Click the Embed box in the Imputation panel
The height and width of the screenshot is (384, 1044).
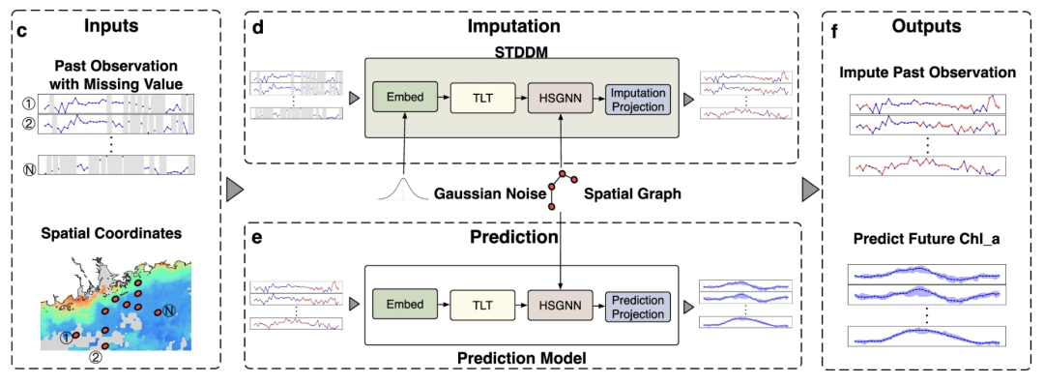click(404, 98)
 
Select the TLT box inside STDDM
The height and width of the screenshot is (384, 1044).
click(482, 98)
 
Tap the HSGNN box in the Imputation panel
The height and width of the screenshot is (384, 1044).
click(560, 98)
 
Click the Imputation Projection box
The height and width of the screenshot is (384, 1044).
click(638, 98)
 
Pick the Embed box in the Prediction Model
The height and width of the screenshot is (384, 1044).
click(404, 305)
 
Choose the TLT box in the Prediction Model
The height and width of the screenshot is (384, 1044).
click(482, 305)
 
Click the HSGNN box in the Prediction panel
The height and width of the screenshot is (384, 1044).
click(560, 305)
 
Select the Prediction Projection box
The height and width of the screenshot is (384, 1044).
click(638, 305)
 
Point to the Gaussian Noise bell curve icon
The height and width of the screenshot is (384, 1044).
click(402, 189)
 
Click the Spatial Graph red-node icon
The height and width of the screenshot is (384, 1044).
click(561, 190)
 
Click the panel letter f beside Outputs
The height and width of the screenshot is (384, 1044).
click(836, 29)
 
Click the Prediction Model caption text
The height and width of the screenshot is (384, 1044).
click(521, 358)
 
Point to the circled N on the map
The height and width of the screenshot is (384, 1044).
click(169, 310)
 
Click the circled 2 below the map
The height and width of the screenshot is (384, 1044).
click(97, 356)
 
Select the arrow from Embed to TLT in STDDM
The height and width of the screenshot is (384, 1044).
click(444, 98)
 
